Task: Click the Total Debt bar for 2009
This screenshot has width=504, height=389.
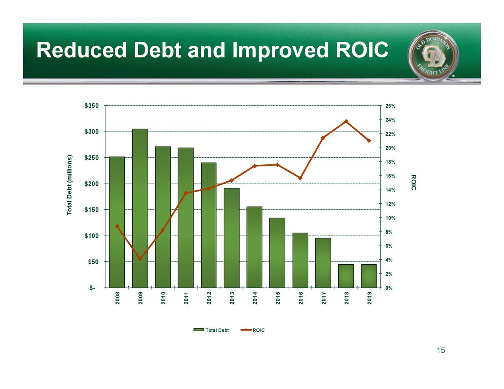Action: (140, 208)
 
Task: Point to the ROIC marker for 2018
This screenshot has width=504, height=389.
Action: (346, 121)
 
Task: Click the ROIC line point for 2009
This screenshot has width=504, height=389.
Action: (140, 259)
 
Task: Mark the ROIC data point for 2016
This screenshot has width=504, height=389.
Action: (300, 178)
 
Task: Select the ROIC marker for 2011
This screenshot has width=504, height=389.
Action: (185, 193)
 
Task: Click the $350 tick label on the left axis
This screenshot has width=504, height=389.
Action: (92, 106)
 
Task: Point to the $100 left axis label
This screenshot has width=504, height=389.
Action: (92, 236)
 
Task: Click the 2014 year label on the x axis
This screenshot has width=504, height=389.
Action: (255, 298)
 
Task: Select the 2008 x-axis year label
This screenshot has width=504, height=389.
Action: (117, 298)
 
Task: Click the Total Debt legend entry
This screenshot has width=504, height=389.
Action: (211, 330)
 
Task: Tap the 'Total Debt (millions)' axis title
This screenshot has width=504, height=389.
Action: (70, 185)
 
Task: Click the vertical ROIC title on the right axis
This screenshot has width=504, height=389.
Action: (413, 182)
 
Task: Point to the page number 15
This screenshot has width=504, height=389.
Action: (441, 350)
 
